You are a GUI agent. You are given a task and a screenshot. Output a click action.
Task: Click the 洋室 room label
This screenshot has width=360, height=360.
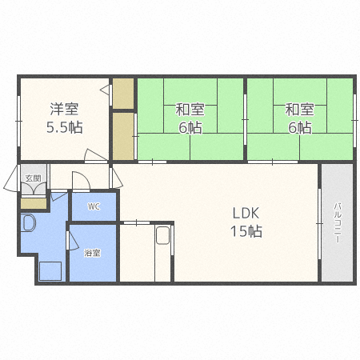64,110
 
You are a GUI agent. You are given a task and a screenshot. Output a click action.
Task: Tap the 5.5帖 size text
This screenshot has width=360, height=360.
65,127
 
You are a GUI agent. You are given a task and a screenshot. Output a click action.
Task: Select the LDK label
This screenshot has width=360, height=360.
246,214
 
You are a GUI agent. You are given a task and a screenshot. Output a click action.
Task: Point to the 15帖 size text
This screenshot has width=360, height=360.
246,231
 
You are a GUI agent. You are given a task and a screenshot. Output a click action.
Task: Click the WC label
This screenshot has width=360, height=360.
94,206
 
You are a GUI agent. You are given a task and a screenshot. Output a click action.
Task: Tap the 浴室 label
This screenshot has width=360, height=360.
92,253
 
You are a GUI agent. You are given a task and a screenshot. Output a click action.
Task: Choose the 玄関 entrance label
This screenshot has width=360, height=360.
34,178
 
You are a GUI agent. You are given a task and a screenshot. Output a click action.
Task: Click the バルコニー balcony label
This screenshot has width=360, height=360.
338,223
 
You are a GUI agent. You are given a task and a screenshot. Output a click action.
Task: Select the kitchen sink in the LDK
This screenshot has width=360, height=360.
162,235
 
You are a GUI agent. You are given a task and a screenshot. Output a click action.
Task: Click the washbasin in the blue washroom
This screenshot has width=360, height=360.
29,223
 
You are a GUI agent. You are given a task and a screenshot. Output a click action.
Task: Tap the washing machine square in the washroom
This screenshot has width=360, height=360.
50,271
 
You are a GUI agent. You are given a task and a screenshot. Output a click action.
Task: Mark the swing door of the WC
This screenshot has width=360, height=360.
81,182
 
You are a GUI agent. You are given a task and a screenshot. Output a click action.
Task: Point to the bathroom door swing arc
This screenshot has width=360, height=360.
73,241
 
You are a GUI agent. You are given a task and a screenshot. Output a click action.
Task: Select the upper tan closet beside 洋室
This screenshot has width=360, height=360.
123,94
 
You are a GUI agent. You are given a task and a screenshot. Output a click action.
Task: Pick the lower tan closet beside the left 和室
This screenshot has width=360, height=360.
123,136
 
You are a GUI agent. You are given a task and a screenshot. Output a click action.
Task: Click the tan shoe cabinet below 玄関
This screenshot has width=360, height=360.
34,203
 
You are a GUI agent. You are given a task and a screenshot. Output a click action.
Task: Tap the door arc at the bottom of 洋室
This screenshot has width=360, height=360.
95,155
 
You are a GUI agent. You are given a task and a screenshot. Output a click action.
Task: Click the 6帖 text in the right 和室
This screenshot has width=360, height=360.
300,127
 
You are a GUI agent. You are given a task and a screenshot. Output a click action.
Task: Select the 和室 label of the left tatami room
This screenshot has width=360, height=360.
190,110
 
